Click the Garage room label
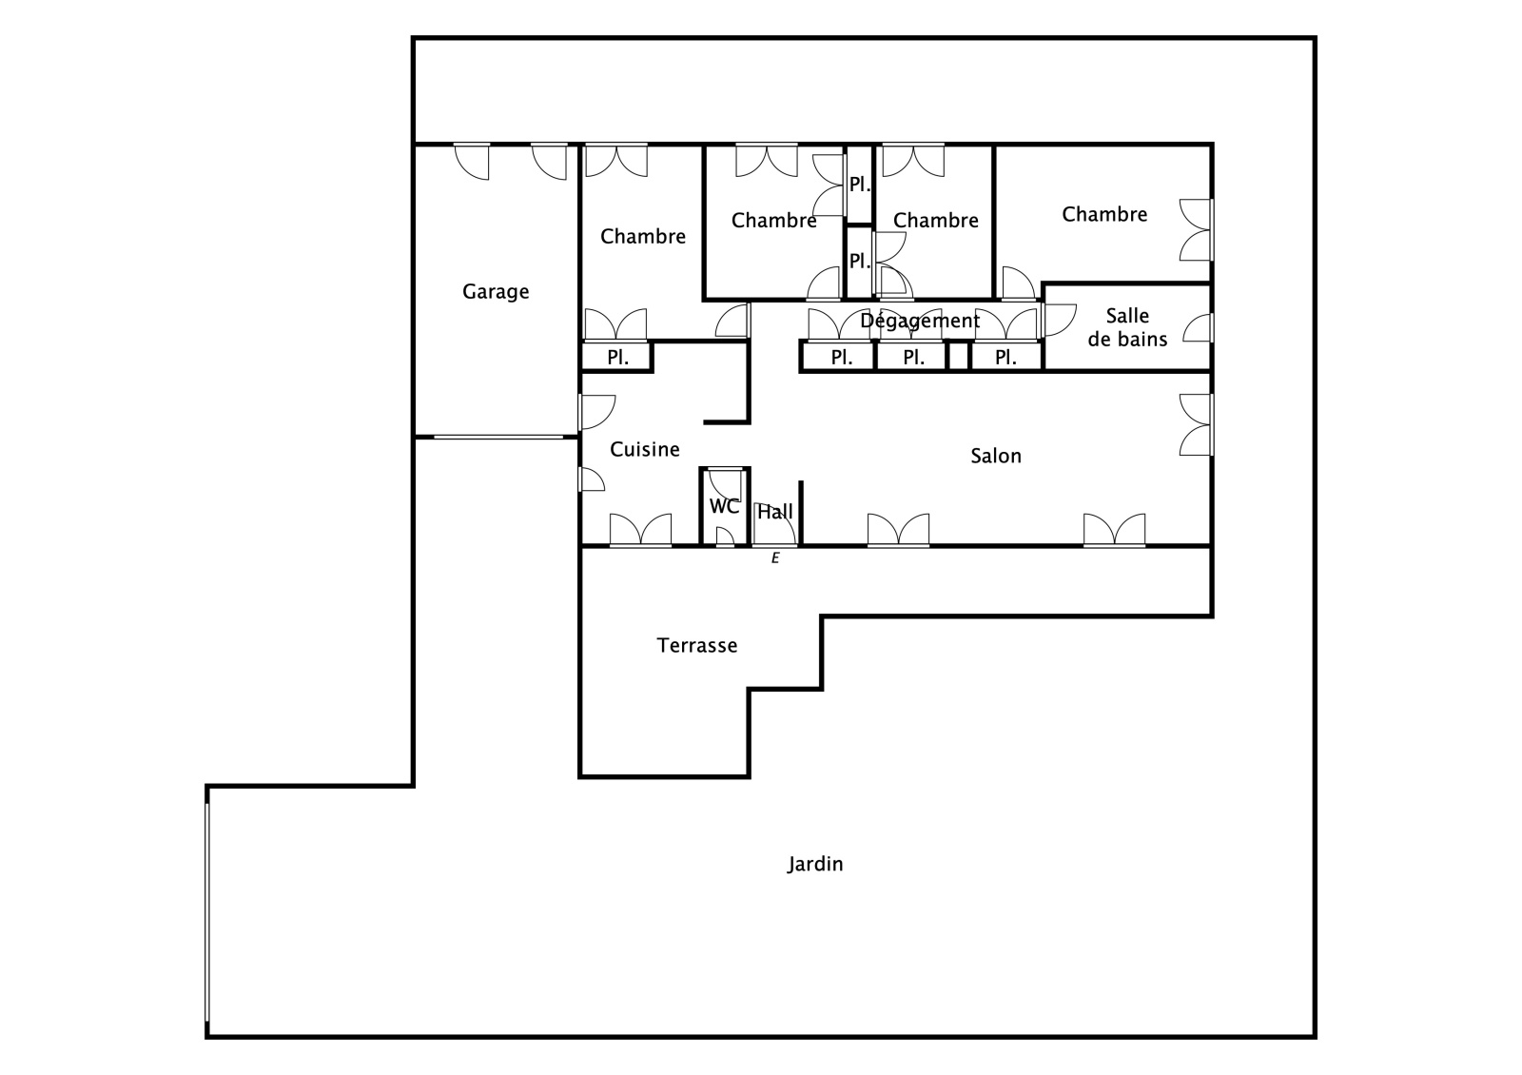click(x=496, y=292)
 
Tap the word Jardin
click(x=815, y=864)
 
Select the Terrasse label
click(x=697, y=645)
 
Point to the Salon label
click(x=996, y=456)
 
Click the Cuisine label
click(x=645, y=449)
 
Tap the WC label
click(x=724, y=506)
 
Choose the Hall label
click(x=775, y=512)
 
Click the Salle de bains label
click(x=1127, y=327)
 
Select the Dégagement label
click(x=920, y=320)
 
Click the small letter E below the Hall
click(x=775, y=558)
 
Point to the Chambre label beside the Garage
click(x=643, y=237)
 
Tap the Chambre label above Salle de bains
click(x=1104, y=215)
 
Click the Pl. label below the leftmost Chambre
click(x=617, y=358)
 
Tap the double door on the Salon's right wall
click(x=1197, y=424)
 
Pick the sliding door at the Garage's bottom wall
click(x=498, y=437)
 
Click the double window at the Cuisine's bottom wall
click(x=641, y=531)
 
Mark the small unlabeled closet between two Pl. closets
click(x=958, y=357)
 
